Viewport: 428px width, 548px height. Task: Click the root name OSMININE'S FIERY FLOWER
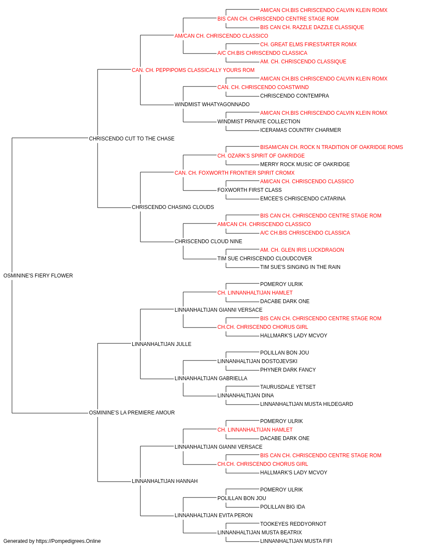click(38, 276)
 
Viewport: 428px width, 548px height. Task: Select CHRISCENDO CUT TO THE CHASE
click(131, 139)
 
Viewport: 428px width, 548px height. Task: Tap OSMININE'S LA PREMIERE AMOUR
click(132, 413)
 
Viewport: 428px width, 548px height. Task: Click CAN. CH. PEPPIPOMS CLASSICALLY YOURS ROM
click(193, 70)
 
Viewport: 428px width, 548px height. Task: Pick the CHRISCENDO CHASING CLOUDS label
click(172, 207)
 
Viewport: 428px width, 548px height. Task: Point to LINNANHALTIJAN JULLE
click(162, 344)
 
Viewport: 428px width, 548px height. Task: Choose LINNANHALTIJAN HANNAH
click(165, 481)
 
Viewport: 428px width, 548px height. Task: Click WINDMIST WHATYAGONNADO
click(212, 104)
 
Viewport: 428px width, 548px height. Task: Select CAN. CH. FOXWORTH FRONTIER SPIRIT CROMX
click(235, 173)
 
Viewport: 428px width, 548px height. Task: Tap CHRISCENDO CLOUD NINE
click(208, 241)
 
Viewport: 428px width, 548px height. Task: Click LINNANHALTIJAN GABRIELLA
click(211, 378)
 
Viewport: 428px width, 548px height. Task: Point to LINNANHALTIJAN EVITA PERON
click(214, 515)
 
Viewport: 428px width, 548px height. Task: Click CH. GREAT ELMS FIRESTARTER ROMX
click(308, 45)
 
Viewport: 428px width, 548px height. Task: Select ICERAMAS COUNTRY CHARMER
click(300, 130)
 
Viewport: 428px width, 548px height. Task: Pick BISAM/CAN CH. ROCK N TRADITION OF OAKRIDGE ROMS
click(331, 147)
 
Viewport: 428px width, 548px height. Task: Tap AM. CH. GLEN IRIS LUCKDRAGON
click(302, 250)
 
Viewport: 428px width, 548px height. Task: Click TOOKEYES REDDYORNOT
click(293, 524)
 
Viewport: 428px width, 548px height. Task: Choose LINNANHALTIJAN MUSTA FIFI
click(296, 541)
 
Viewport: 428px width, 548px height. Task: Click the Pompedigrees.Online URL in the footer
click(68, 541)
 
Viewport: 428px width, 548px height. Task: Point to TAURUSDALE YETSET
click(288, 387)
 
